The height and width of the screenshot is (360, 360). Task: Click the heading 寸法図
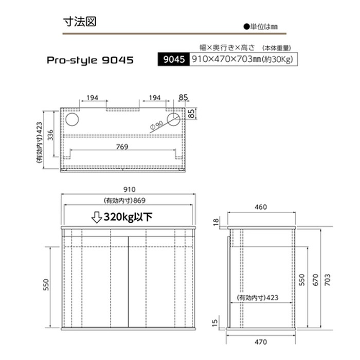pos(80,22)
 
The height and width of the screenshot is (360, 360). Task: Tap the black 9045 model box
pos(174,59)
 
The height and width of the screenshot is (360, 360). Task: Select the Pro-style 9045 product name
pos(90,60)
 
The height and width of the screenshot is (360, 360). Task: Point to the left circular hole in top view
pos(72,119)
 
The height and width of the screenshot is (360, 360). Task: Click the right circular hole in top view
pos(174,119)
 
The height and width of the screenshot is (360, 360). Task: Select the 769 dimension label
pos(122,147)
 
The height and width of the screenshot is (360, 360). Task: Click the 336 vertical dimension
pos(50,135)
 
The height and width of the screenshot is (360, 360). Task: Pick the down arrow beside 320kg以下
pos(97,217)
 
